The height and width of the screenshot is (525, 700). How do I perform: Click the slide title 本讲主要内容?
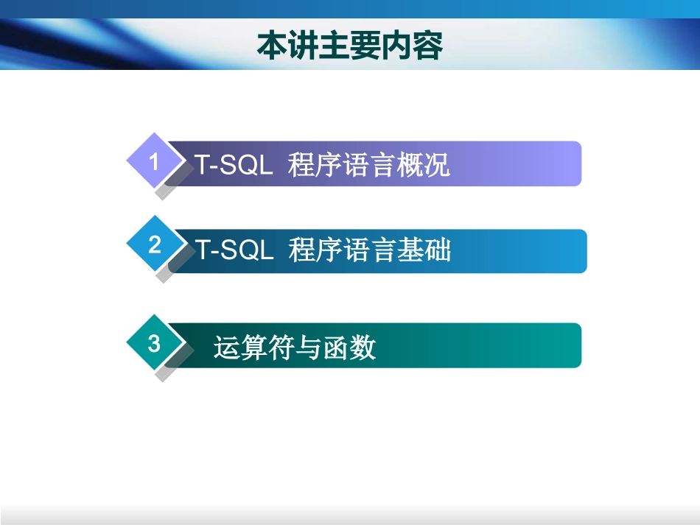[349, 46]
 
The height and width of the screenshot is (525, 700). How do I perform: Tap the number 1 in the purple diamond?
[154, 161]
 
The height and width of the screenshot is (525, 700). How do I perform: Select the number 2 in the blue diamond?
[154, 244]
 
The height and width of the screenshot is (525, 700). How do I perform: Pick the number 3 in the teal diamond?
[154, 343]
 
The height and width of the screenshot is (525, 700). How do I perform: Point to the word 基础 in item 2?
[424, 250]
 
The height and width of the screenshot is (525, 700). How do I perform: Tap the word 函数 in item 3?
[350, 347]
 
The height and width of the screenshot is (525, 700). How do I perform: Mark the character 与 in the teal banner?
[309, 347]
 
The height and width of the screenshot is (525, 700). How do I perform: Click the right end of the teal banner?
[571, 345]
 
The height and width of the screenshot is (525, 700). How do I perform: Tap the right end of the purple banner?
[571, 163]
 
